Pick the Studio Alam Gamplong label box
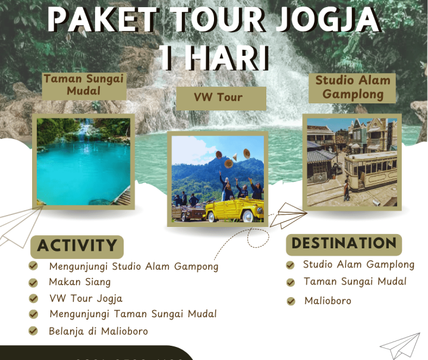pos(353,87)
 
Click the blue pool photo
pos(83,162)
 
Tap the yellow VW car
pos(233,209)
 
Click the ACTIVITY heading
pos(77,245)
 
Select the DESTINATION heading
pos(344,244)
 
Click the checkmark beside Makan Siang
pos(34,282)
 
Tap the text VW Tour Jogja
pos(86,298)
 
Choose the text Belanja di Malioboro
pos(99,331)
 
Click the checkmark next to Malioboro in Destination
pos(291,301)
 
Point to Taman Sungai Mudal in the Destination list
pos(355,282)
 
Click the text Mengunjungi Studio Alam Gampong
pos(134,266)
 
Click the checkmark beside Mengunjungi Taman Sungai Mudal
pos(34,314)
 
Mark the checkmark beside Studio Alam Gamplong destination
pos(290,265)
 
